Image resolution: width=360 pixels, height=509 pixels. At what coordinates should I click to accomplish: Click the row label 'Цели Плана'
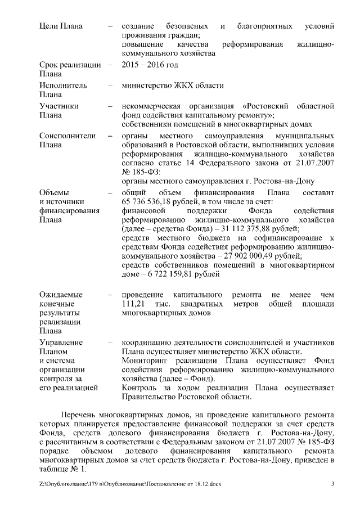(61, 26)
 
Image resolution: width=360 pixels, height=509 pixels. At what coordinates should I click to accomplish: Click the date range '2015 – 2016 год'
(150, 65)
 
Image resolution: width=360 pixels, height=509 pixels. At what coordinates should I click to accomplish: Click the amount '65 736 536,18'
(146, 202)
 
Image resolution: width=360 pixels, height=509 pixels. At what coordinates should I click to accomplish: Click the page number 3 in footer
(332, 484)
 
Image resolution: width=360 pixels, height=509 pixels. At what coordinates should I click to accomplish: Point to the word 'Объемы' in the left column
(54, 193)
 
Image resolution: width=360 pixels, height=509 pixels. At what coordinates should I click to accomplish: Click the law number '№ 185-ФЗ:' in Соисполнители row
(141, 172)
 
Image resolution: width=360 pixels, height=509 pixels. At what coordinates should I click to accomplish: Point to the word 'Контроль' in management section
(139, 388)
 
